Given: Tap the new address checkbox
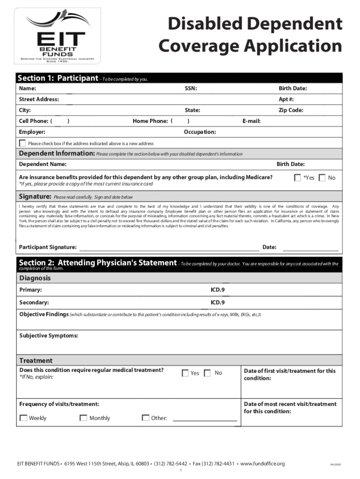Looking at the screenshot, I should (22, 143).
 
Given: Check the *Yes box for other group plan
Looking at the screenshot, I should (297, 178).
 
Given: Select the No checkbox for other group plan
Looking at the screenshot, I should (322, 178).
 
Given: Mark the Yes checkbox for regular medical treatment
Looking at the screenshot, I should (185, 373).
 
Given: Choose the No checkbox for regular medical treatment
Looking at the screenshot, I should (208, 373).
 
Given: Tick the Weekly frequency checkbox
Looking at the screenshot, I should (23, 418).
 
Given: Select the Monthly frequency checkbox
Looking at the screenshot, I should (83, 418).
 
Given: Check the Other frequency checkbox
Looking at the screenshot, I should (145, 418).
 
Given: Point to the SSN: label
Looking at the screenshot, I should (191, 88).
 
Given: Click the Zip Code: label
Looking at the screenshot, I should (291, 110).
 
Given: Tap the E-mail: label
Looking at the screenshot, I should (252, 121).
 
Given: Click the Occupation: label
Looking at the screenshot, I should (200, 132).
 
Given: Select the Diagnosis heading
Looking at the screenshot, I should (35, 278).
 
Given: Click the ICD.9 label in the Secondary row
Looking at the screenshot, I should (217, 303).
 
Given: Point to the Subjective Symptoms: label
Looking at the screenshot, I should (49, 336).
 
